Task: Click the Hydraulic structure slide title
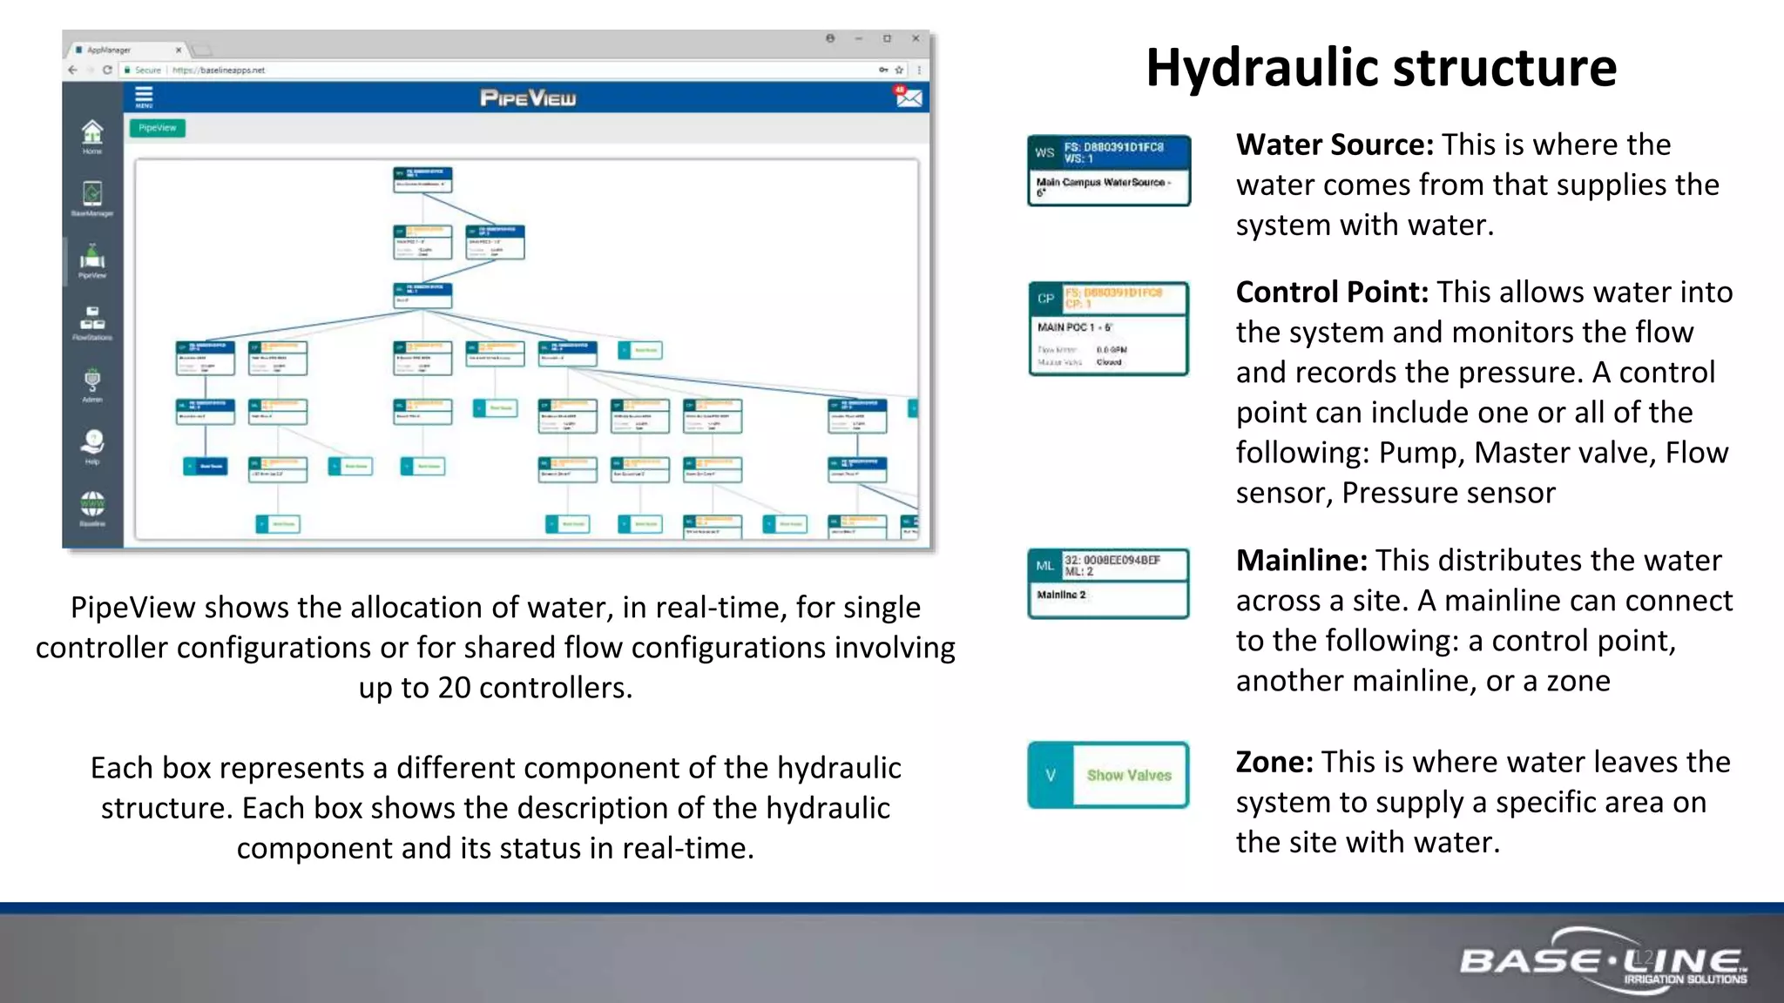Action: [x=1381, y=68]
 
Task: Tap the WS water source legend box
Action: [x=1108, y=170]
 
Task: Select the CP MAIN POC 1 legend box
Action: [x=1108, y=328]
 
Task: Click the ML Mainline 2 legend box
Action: [x=1108, y=582]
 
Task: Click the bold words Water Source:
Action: [x=1334, y=145]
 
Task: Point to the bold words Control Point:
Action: [x=1331, y=293]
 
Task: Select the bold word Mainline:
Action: [x=1301, y=561]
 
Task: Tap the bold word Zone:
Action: [x=1274, y=763]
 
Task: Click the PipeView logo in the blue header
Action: [x=528, y=98]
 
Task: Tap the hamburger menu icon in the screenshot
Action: [x=144, y=97]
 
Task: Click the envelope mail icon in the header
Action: [x=908, y=97]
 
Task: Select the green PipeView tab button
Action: [x=158, y=128]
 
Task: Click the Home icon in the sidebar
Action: [x=92, y=136]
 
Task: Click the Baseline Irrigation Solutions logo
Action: [x=1603, y=962]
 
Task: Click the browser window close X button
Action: [x=916, y=38]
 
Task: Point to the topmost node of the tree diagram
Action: [x=422, y=179]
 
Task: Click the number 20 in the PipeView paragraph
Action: [x=454, y=688]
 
